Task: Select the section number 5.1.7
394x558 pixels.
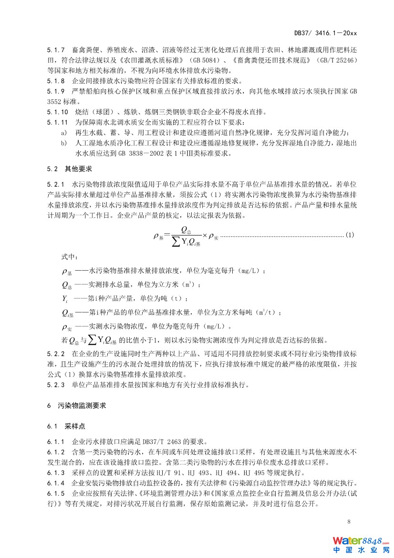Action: [56, 50]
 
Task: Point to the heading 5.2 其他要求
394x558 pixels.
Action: [69, 169]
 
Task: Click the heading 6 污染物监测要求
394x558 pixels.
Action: [76, 405]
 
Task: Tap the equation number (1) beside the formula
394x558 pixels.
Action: [350, 236]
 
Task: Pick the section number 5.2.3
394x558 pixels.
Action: [56, 384]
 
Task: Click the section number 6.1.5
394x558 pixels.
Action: [56, 494]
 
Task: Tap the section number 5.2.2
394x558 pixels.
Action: [56, 354]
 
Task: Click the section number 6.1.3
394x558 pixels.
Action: [56, 473]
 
